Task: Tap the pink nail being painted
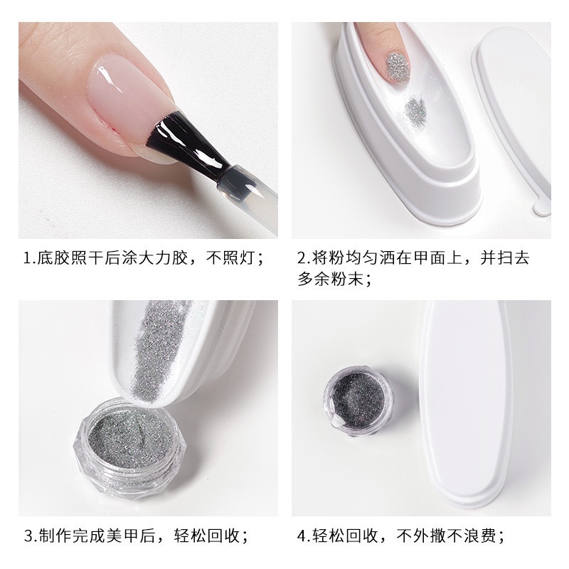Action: [128, 91]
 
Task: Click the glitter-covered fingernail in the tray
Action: [398, 67]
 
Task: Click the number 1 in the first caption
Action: [27, 258]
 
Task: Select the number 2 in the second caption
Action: [302, 258]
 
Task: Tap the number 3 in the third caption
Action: [29, 536]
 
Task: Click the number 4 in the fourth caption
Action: [302, 536]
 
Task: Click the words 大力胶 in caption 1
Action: [163, 258]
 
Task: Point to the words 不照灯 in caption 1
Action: [230, 258]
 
